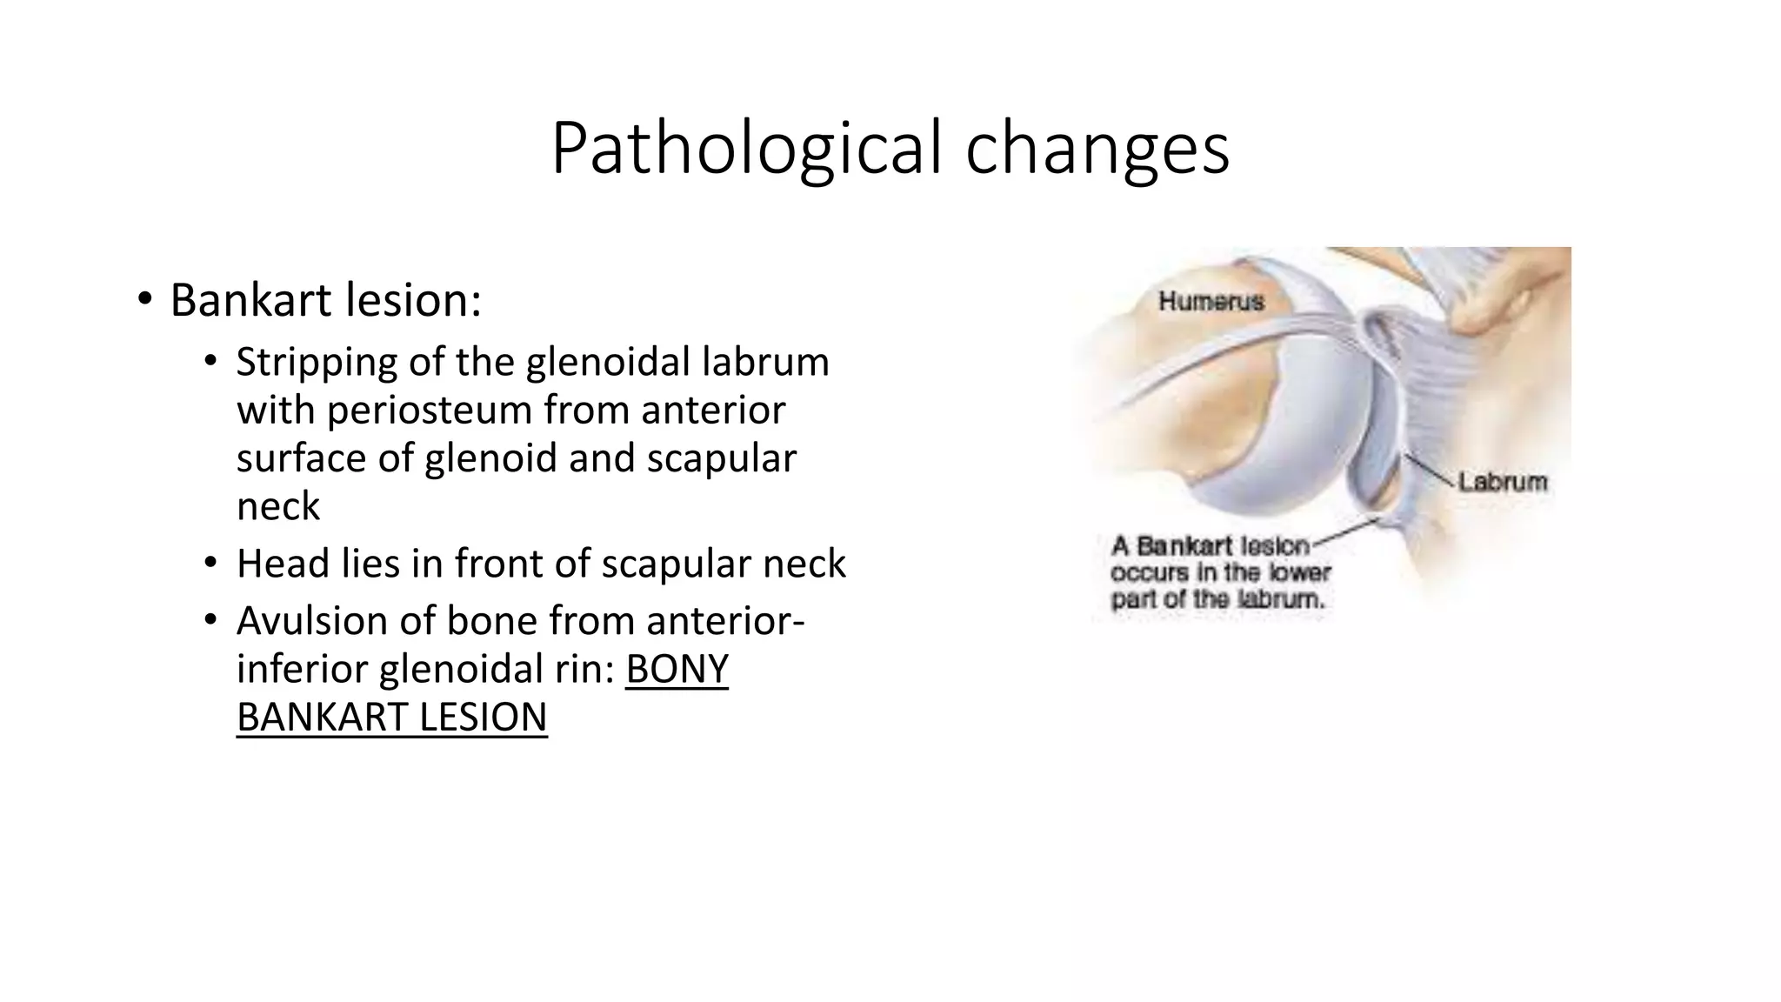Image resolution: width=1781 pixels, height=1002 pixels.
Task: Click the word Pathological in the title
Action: coord(749,148)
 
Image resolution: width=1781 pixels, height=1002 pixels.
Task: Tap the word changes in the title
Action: coord(1097,148)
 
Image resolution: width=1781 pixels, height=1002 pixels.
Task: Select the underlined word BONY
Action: coord(677,670)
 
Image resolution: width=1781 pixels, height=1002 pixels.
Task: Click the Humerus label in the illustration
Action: coord(1211,302)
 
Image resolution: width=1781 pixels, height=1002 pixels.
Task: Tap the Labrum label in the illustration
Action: coord(1503,482)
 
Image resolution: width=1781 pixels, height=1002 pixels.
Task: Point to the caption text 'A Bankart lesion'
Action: coord(1210,546)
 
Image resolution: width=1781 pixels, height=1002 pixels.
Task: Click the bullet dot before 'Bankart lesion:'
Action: coord(144,300)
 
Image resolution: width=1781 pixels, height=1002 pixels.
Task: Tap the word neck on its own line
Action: coord(278,506)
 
